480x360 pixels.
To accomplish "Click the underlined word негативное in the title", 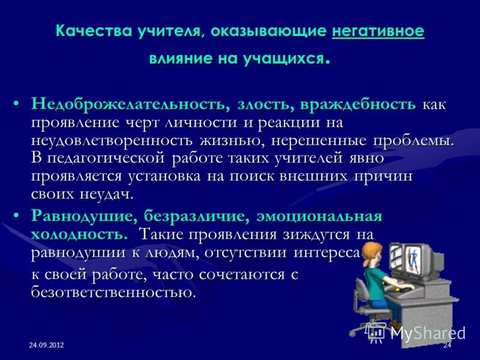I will (378, 31).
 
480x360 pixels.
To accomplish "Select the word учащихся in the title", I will (290, 59).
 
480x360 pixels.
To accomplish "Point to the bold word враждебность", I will (358, 104).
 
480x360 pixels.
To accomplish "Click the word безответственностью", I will (113, 292).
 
